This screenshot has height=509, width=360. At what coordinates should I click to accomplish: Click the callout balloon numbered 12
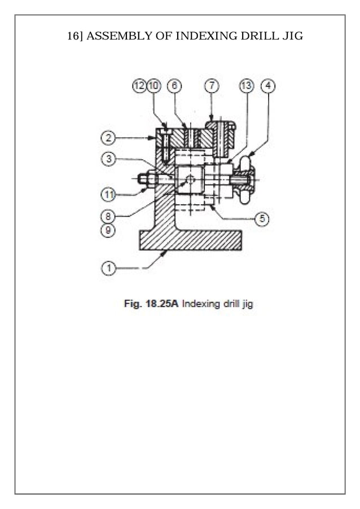(x=139, y=86)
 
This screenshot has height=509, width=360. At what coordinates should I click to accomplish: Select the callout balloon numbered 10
(x=153, y=86)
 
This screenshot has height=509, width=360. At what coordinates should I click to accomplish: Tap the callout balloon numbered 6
(x=174, y=86)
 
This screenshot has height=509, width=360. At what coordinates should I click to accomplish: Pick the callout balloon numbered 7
(x=212, y=86)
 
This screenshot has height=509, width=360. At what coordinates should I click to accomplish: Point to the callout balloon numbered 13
(x=247, y=86)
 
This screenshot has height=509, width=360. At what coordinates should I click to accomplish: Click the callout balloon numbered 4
(x=269, y=86)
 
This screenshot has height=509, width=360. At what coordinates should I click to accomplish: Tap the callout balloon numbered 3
(x=108, y=159)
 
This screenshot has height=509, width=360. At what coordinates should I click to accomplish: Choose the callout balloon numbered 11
(x=108, y=195)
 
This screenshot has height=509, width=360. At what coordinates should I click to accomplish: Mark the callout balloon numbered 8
(x=108, y=216)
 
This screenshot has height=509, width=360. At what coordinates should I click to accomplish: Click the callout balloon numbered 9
(x=108, y=230)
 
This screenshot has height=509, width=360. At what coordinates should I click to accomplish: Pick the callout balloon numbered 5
(x=261, y=219)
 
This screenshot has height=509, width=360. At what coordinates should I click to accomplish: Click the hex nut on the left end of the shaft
(x=144, y=179)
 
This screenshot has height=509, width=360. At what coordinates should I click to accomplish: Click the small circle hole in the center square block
(x=190, y=180)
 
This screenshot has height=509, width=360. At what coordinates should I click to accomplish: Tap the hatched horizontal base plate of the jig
(x=190, y=240)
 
